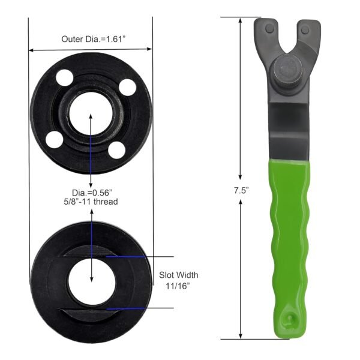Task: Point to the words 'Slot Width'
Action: pyautogui.click(x=178, y=275)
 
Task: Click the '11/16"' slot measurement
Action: pyautogui.click(x=178, y=286)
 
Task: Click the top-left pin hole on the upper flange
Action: pyautogui.click(x=62, y=77)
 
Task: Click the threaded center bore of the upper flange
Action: pyautogui.click(x=90, y=114)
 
